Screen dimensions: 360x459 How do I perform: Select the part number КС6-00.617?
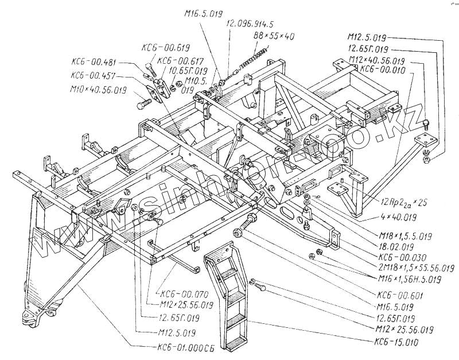tap(180, 61)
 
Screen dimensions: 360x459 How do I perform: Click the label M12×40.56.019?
tap(377, 60)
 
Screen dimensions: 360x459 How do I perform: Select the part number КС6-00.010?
tap(383, 69)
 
